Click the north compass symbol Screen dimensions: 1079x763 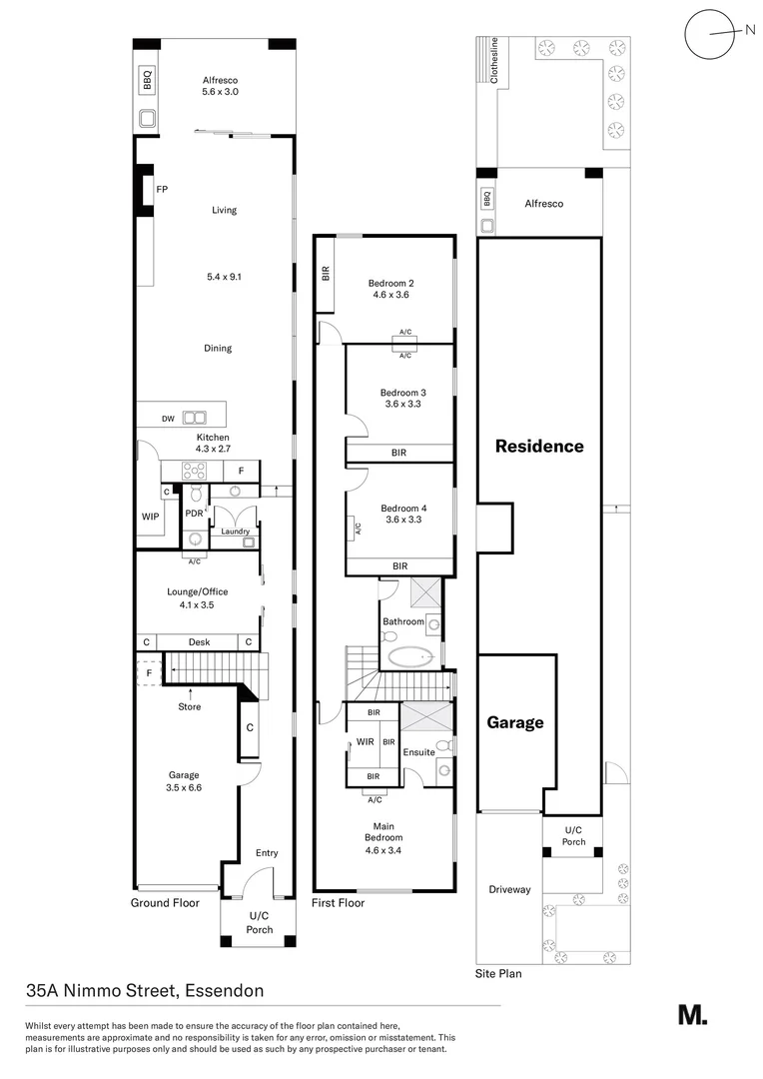[x=710, y=32]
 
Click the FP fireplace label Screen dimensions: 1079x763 [x=162, y=189]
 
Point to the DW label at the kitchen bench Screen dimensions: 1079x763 [x=169, y=418]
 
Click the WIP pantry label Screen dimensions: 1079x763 [x=150, y=517]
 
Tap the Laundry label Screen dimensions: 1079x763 [x=236, y=532]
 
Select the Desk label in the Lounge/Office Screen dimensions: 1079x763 [x=198, y=641]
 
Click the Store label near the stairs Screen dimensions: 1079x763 [x=189, y=706]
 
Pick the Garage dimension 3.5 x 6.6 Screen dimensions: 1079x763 [x=184, y=787]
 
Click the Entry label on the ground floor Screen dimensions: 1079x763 [x=267, y=852]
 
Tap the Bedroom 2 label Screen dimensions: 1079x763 [x=390, y=283]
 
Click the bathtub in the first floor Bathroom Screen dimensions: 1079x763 [x=411, y=658]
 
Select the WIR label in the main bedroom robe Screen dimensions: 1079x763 [x=366, y=742]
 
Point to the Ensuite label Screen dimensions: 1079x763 [x=419, y=751]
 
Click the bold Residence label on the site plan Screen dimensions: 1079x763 [x=539, y=446]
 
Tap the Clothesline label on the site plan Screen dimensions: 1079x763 [x=492, y=62]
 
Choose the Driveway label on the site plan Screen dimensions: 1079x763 [x=509, y=889]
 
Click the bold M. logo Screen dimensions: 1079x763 [x=692, y=1014]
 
